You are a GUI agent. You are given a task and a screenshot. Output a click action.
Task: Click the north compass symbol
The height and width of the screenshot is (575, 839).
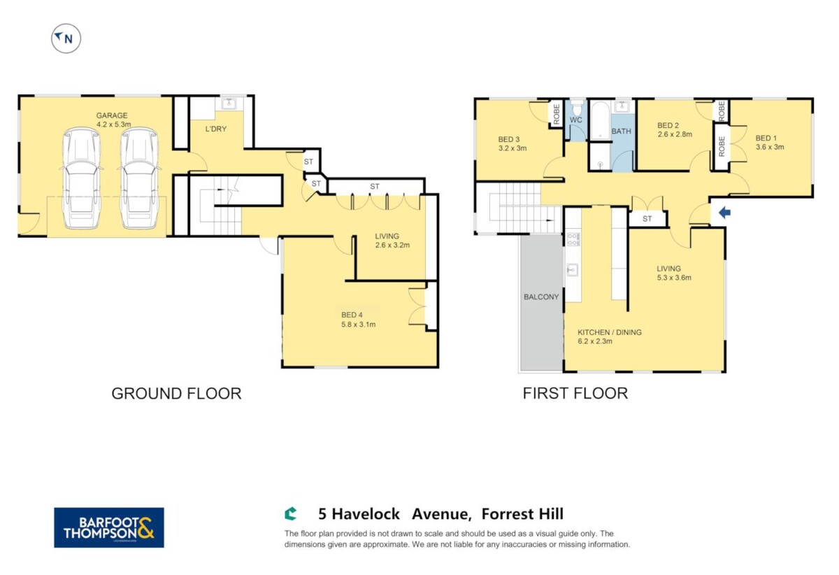click(x=66, y=38)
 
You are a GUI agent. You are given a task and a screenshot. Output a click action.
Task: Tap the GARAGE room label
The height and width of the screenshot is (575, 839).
click(x=112, y=115)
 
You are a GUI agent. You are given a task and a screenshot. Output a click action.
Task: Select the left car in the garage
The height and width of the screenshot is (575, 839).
click(x=81, y=178)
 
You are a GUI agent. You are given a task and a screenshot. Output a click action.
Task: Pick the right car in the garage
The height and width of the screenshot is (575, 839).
click(x=139, y=178)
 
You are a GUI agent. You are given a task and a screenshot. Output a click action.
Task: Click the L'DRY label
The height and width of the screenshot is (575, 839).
click(x=216, y=129)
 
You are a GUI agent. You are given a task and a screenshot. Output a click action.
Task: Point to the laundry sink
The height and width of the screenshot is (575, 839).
click(x=229, y=104)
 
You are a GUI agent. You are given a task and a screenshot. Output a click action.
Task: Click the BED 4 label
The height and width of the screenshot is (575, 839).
click(x=352, y=315)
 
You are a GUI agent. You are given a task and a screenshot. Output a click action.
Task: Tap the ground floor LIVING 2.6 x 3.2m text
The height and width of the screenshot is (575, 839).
click(x=392, y=241)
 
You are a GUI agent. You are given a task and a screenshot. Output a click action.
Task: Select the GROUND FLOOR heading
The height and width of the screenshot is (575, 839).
click(x=176, y=394)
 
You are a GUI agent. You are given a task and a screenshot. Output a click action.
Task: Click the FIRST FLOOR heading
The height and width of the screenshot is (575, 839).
click(x=575, y=393)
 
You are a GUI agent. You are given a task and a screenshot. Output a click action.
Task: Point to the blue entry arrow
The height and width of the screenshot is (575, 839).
click(x=725, y=213)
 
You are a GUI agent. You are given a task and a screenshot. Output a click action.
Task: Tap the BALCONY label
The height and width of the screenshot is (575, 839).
click(x=541, y=297)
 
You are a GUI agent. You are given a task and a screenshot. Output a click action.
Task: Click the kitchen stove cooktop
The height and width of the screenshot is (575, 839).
click(x=573, y=239)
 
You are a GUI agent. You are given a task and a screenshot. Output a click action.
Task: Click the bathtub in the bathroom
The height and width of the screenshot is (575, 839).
click(x=601, y=120)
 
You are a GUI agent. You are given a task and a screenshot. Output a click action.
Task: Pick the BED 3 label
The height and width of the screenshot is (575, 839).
click(x=509, y=139)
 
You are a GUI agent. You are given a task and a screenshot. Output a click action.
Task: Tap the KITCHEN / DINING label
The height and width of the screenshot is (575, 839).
click(x=610, y=332)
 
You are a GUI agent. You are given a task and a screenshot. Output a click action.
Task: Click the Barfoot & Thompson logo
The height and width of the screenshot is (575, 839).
click(x=109, y=527)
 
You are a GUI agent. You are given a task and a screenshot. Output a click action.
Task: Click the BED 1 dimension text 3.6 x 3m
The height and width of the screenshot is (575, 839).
click(x=770, y=147)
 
